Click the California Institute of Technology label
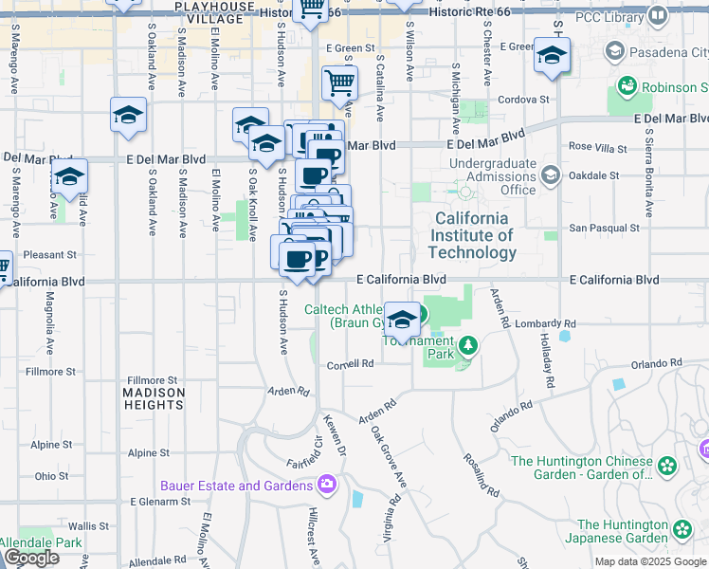pyautogui.click(x=472, y=235)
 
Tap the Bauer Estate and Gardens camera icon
pyautogui.click(x=327, y=485)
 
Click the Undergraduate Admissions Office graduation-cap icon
pyautogui.click(x=550, y=175)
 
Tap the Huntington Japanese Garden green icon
pyautogui.click(x=682, y=530)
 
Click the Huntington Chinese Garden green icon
pyautogui.click(x=668, y=466)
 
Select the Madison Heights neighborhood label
pyautogui.click(x=153, y=398)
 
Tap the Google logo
pyautogui.click(x=31, y=558)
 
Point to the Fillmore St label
pyautogui.click(x=153, y=379)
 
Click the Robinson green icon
pyautogui.click(x=627, y=87)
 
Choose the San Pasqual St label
pyautogui.click(x=604, y=228)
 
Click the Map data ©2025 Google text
pyautogui.click(x=650, y=561)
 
